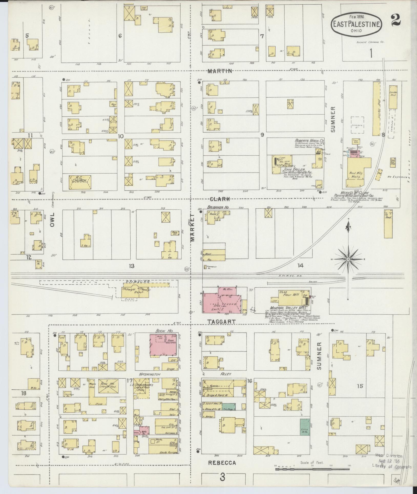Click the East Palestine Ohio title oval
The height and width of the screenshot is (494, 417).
[x=356, y=24]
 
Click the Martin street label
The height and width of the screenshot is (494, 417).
[x=220, y=71]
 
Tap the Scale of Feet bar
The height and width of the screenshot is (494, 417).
[x=312, y=469]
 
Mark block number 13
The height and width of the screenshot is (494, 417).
[x=131, y=266]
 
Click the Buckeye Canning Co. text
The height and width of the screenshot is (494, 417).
[x=370, y=42]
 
